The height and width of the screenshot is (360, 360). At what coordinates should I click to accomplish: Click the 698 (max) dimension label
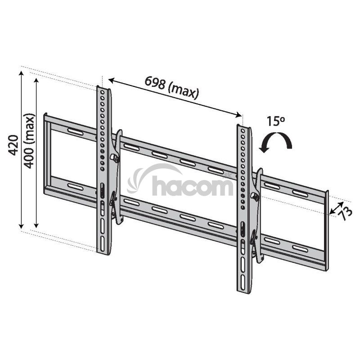pos(172,88)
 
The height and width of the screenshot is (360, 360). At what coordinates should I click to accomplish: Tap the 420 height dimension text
pos(13,145)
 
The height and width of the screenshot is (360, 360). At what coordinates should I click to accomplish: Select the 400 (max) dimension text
pos(29,141)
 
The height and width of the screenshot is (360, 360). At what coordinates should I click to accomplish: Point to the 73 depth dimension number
pos(346,213)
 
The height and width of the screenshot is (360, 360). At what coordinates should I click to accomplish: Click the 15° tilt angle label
pos(275,121)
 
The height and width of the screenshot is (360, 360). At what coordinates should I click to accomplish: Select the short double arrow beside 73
pos(337,208)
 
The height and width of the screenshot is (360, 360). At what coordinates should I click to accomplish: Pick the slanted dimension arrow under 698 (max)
pos(175,97)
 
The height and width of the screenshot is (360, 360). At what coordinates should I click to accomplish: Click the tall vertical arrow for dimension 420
pos(21,150)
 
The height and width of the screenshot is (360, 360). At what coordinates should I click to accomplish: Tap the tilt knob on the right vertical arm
pos(255,197)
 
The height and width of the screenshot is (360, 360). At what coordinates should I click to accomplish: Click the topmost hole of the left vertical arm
pos(103,92)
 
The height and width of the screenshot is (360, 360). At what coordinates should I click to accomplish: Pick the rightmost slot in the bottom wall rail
pos(300,248)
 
